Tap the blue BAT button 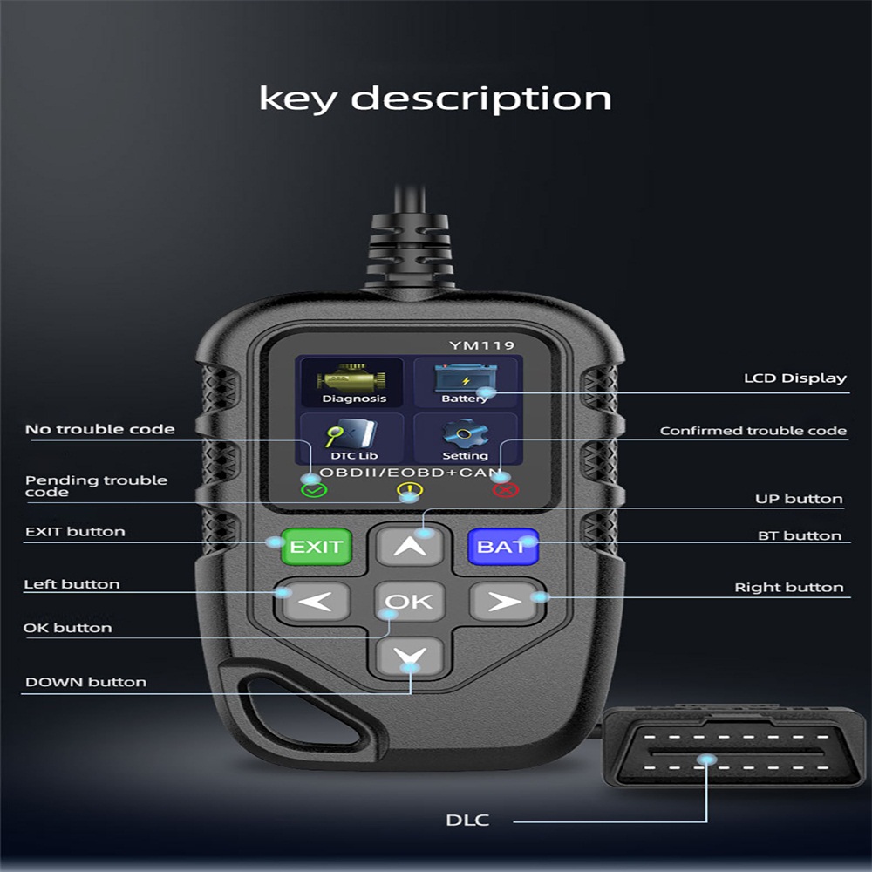tap(502, 547)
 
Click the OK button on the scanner tap(409, 601)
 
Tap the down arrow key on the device tap(410, 657)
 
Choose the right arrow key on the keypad tap(504, 601)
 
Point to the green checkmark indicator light tap(313, 489)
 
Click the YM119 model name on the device tap(481, 346)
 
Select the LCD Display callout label tap(794, 378)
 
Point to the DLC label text tap(468, 820)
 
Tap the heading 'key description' tap(435, 98)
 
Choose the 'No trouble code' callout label tap(99, 429)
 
